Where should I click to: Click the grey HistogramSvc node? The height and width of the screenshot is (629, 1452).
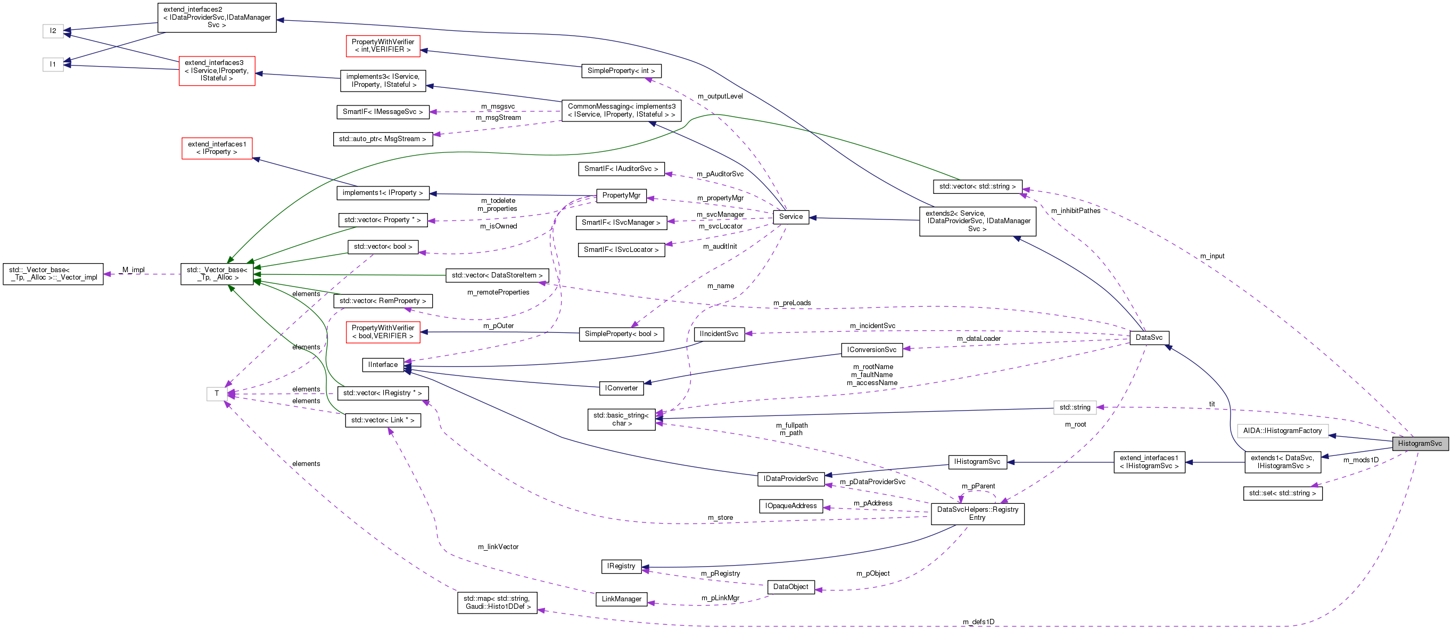pos(1420,444)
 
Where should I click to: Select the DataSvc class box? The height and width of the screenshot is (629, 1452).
pos(1149,337)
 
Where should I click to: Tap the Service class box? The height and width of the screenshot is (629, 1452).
pos(790,217)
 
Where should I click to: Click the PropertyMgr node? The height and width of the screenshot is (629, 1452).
pos(621,195)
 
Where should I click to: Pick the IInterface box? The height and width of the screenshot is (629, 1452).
pos(383,365)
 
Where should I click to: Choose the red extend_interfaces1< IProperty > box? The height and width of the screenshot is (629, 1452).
pos(217,149)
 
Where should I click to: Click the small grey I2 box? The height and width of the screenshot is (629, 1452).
pos(53,31)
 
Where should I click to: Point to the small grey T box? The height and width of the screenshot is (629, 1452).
pos(217,394)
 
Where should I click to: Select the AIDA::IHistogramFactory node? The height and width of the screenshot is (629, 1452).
pos(1282,431)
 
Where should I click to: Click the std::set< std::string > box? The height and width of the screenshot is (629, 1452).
pos(1282,493)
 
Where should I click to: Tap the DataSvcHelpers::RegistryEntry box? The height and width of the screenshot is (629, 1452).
pos(977,513)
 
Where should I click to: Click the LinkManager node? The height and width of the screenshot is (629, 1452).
pos(621,599)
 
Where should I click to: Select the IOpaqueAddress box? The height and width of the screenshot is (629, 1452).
pos(790,506)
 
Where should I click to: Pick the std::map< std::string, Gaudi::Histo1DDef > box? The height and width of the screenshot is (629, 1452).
pos(497,602)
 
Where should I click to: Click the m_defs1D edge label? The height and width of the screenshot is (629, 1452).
pos(978,622)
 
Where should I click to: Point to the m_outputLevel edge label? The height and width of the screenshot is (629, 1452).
pos(720,96)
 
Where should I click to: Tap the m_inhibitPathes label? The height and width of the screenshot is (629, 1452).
pos(1075,211)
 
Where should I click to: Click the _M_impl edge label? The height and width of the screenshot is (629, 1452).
pos(133,269)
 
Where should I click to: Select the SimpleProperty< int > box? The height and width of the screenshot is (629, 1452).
pos(621,71)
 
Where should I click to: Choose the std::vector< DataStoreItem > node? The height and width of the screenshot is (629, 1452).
pos(497,275)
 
